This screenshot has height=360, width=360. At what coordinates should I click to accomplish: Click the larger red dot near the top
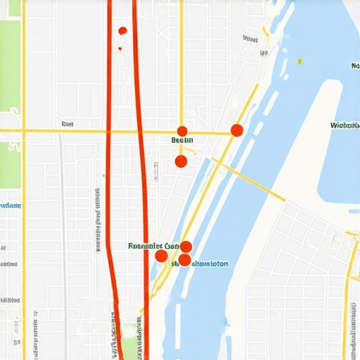(122, 30)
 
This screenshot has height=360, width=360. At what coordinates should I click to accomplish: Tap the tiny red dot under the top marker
(120, 49)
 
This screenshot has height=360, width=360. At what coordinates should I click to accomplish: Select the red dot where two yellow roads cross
(182, 131)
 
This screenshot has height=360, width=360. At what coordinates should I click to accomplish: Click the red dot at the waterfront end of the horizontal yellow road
(237, 129)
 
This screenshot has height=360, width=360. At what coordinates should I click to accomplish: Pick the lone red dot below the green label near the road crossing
(181, 161)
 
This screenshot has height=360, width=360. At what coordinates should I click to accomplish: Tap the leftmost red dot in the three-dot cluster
(161, 255)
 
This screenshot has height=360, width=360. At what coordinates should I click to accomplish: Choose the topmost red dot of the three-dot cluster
(186, 246)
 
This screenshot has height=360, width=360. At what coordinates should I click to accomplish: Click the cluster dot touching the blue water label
(184, 259)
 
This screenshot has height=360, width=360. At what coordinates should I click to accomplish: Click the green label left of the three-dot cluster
(150, 246)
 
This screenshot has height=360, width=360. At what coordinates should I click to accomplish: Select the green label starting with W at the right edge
(345, 125)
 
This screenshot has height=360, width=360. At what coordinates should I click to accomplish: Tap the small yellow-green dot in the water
(300, 61)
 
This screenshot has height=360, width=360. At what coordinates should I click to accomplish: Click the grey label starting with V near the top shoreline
(250, 39)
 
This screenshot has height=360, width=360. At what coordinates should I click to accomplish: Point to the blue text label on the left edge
(10, 205)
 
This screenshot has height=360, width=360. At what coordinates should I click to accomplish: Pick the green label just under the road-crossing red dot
(182, 141)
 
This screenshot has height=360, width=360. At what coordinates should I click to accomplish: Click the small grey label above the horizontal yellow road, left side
(67, 124)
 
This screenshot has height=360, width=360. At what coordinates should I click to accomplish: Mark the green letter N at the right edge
(354, 65)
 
